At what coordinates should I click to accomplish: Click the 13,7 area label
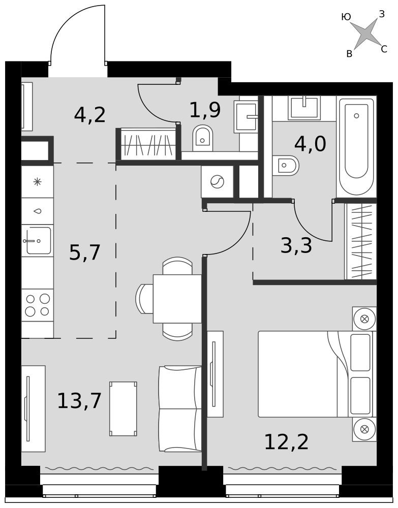coord(79,401)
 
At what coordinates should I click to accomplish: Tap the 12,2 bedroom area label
coord(287,442)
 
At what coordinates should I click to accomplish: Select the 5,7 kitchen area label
coord(85,252)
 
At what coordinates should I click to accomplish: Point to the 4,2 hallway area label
coord(90,115)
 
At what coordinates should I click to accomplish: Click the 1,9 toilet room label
coord(205,110)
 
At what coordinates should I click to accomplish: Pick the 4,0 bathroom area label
coord(310,144)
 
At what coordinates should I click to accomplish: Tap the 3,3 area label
coord(296,245)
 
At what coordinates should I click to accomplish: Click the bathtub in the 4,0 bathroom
coord(356,146)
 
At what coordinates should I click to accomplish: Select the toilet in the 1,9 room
coord(203,138)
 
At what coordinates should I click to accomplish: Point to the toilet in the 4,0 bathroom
coord(285,165)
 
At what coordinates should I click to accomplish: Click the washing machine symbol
coord(217,181)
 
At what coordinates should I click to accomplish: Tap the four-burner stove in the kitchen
coord(38,305)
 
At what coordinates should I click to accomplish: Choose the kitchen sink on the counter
coord(38,240)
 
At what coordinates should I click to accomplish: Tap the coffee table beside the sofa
coord(123,408)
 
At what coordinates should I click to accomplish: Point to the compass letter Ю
coord(346,17)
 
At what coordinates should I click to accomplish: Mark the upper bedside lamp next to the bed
coord(364,319)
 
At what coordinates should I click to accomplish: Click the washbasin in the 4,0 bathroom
coord(304,106)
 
